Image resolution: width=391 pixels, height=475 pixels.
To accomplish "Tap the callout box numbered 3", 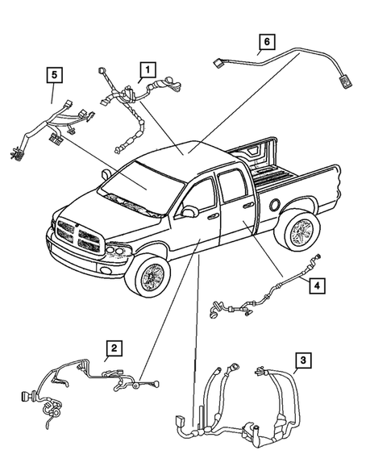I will tap(302, 360).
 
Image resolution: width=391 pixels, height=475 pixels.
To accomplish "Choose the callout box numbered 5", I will tap(53, 76).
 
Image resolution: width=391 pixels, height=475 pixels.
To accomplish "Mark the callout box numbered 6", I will tap(266, 41).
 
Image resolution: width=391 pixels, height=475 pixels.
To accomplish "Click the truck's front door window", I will tap(202, 198).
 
